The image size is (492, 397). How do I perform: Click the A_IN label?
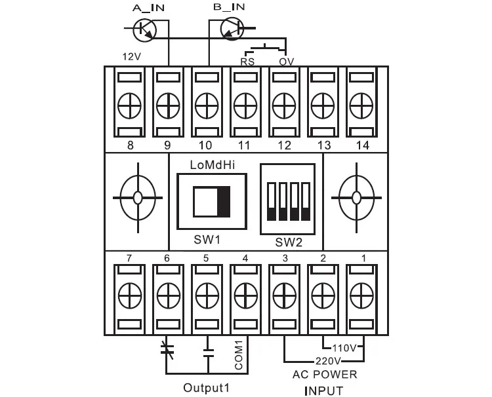click(x=148, y=8)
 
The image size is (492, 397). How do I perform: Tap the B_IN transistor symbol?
click(x=232, y=29)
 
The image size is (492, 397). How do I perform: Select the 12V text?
click(x=131, y=57)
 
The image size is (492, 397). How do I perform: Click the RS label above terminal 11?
click(x=247, y=62)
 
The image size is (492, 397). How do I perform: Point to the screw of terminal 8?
click(x=129, y=105)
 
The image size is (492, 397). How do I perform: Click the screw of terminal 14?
click(x=361, y=105)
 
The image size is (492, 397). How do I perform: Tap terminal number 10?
click(x=205, y=145)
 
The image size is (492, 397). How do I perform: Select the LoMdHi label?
click(x=213, y=165)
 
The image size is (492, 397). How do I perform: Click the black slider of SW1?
click(x=224, y=202)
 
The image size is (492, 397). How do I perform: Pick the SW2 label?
click(x=289, y=242)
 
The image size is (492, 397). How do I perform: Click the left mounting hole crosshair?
click(x=138, y=198)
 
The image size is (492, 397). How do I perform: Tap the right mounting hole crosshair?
click(x=356, y=198)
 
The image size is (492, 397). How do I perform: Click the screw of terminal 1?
click(x=361, y=295)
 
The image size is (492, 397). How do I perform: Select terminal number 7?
click(x=129, y=258)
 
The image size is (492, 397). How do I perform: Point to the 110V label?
click(x=344, y=348)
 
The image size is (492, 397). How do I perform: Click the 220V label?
click(x=328, y=361)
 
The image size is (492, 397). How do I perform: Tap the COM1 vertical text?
click(x=239, y=355)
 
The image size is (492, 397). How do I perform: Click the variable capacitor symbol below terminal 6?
click(x=167, y=350)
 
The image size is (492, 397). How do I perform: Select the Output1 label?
click(x=207, y=388)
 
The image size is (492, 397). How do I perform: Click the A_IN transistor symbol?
click(x=144, y=29)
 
